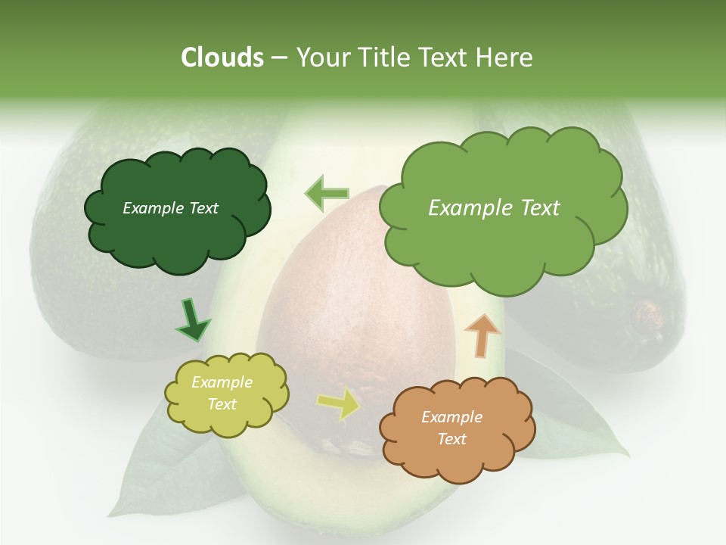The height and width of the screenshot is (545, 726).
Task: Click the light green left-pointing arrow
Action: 327,193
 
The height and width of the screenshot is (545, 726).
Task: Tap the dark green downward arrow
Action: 192,319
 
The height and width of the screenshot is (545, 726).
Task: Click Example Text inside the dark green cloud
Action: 170,208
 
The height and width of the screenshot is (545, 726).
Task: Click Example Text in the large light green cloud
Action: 494,208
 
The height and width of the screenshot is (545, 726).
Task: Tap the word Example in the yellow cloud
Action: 222,383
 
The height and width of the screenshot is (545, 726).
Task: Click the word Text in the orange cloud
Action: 451,439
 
